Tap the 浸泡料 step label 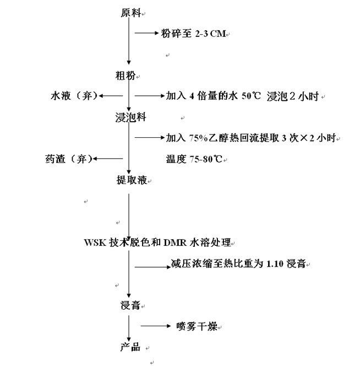point(130,118)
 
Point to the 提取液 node point(131,180)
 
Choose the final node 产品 point(130,347)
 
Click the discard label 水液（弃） point(74,96)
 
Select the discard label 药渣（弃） point(68,159)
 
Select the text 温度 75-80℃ point(194,159)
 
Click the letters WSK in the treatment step point(95,243)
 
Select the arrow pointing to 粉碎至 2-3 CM point(146,34)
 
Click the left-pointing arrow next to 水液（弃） point(111,96)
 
